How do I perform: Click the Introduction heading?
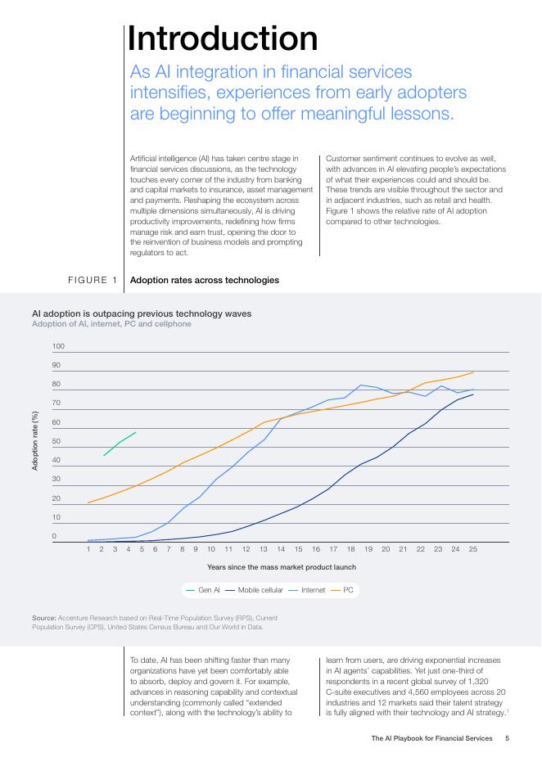pos(223,38)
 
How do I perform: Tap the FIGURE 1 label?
pos(93,280)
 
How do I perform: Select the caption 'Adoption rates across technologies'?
pos(205,280)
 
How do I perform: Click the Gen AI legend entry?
pos(203,590)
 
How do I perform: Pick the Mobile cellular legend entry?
pos(255,590)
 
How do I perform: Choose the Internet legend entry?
pos(307,590)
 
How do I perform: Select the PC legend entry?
pos(342,590)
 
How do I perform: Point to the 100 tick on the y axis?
pos(58,346)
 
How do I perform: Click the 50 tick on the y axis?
pos(56,441)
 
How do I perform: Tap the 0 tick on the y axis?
pos(54,536)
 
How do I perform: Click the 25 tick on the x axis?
pos(473,549)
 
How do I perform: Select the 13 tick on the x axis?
pos(264,549)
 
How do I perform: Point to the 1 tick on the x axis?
pos(88,549)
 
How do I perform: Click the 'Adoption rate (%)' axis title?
pos(34,441)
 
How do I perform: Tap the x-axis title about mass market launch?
pos(282,567)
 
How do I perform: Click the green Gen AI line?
pos(120,443)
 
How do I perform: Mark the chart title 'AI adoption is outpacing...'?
pos(142,313)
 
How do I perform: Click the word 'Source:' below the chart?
pos(44,618)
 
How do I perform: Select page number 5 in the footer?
pos(508,738)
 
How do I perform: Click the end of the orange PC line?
pos(473,372)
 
